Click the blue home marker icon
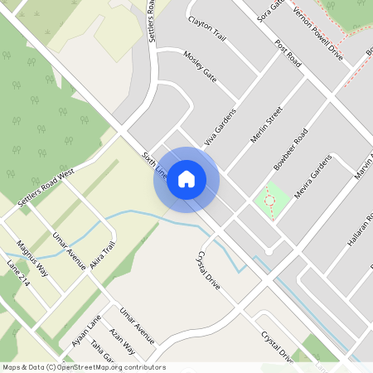(x=186, y=179)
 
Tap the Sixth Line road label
(x=155, y=164)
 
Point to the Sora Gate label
(x=270, y=12)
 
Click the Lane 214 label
(x=18, y=274)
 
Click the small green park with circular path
(x=269, y=200)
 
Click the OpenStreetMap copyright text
(x=84, y=367)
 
